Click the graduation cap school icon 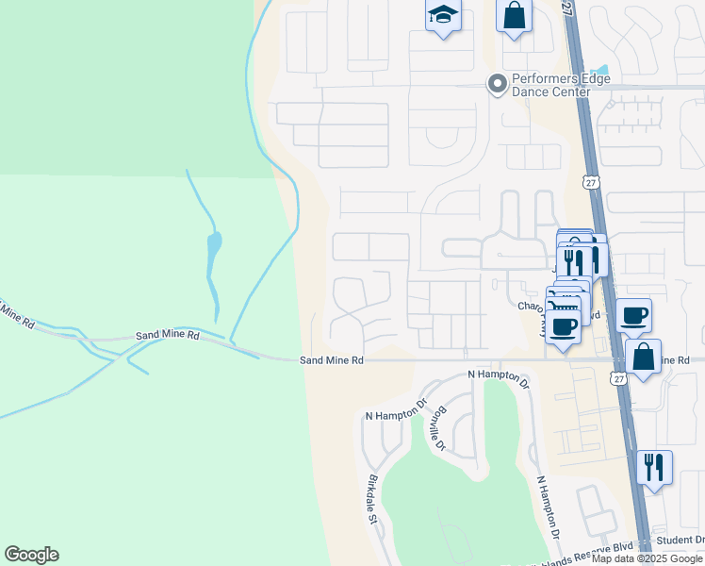click(x=442, y=16)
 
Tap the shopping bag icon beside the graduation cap click(x=514, y=16)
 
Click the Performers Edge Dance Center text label click(x=551, y=86)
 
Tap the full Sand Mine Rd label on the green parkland click(x=168, y=335)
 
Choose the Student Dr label click(x=680, y=540)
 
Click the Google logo click(x=31, y=555)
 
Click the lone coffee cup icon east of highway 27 click(x=634, y=315)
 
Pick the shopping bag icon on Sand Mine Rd click(x=643, y=357)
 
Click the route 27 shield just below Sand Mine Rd click(x=617, y=377)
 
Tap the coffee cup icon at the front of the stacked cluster click(x=564, y=327)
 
